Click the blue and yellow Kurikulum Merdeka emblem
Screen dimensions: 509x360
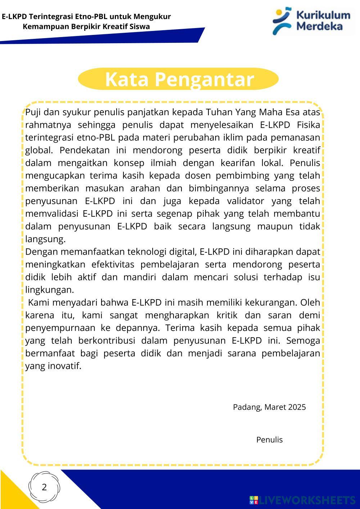point(282,21)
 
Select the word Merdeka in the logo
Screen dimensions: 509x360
point(319,26)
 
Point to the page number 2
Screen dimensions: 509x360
point(44,487)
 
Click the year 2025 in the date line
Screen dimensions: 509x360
point(297,407)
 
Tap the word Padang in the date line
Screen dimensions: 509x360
point(247,407)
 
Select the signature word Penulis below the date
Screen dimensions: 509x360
point(269,440)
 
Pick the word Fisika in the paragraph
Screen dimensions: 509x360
point(309,125)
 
